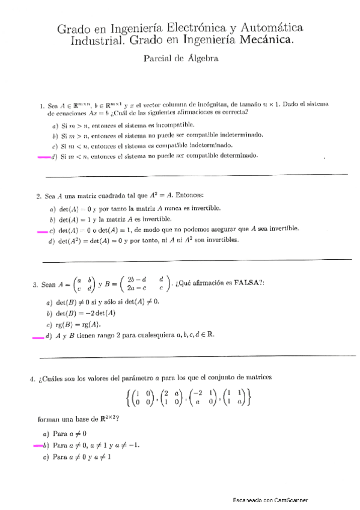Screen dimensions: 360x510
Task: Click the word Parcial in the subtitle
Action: (158, 59)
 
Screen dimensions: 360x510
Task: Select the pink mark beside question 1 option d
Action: (44, 157)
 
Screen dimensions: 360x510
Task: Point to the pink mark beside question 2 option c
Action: (41, 230)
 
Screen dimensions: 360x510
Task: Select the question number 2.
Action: (38, 196)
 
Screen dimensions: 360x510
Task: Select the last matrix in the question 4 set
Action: (235, 399)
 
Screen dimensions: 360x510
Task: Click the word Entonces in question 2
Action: (188, 196)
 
